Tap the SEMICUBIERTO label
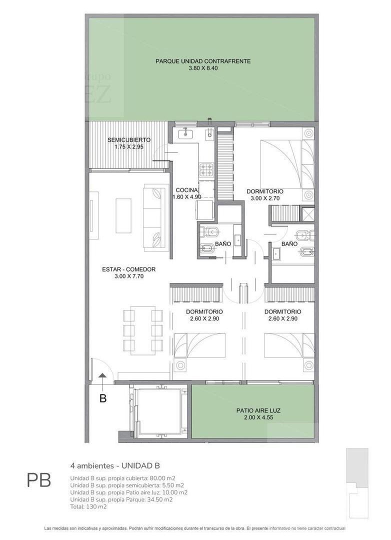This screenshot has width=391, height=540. pyautogui.click(x=129, y=140)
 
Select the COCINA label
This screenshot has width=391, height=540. pyautogui.click(x=187, y=190)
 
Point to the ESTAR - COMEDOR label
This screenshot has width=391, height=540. pyautogui.click(x=128, y=269)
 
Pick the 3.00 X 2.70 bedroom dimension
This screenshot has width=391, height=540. pyautogui.click(x=265, y=198)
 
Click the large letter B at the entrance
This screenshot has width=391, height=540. pyautogui.click(x=103, y=398)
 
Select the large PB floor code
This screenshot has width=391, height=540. pyautogui.click(x=38, y=481)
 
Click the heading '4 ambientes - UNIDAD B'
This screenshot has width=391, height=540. pyautogui.click(x=115, y=465)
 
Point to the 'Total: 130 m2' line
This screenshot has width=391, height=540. pyautogui.click(x=88, y=506)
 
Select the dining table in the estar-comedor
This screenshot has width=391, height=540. pyautogui.click(x=143, y=330)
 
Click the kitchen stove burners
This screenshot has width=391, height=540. pyautogui.click(x=205, y=170)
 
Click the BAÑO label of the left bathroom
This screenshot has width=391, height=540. pyautogui.click(x=223, y=244)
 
